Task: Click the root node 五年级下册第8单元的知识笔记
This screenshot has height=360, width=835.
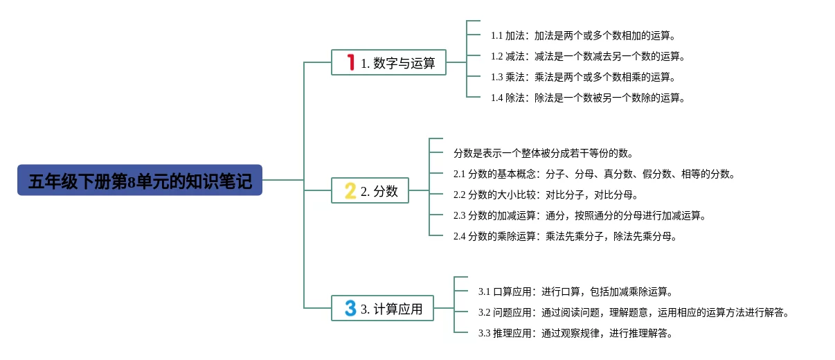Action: (140, 180)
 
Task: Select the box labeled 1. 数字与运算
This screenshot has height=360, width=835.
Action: (388, 62)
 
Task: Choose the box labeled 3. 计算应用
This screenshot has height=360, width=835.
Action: (388, 308)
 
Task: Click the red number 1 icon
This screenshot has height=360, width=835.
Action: (350, 62)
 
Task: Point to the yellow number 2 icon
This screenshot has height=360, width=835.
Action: (350, 190)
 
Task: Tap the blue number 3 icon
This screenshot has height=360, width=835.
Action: (350, 308)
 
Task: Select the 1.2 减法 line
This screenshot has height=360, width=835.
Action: (588, 56)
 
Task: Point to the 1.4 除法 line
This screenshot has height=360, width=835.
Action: (588, 98)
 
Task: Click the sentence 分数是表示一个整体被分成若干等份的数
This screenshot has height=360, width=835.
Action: (543, 153)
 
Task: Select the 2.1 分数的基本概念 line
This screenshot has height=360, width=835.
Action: (594, 174)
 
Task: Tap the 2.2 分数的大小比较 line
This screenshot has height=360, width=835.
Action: (546, 195)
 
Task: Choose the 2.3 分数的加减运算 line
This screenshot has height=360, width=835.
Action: (580, 215)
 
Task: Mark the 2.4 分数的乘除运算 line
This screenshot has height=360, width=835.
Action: (565, 236)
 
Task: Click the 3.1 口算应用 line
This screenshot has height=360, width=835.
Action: (575, 291)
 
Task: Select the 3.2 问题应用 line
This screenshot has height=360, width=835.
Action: (634, 312)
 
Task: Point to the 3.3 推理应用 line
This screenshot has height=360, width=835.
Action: (575, 333)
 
